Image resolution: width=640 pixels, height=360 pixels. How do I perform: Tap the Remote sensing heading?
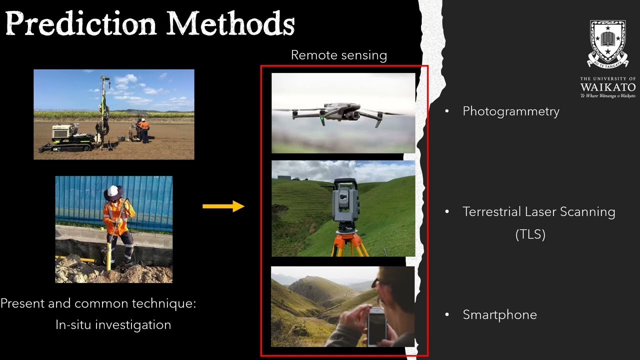click(x=339, y=55)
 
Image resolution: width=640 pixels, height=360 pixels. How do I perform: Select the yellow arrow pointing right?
click(x=223, y=206)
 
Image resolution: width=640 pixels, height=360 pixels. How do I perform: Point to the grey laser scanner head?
click(x=344, y=200)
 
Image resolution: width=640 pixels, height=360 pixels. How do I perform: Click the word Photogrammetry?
click(x=511, y=111)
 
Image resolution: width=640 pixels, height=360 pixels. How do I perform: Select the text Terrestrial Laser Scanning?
click(x=538, y=211)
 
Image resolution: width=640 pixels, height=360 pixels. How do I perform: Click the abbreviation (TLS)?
click(x=530, y=234)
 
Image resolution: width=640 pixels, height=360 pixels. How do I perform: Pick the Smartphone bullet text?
click(x=499, y=314)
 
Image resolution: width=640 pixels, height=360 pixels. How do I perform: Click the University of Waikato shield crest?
click(x=607, y=43)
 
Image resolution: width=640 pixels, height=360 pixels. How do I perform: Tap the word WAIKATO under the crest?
click(x=607, y=87)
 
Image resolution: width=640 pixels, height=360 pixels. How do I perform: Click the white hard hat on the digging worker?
click(x=113, y=191)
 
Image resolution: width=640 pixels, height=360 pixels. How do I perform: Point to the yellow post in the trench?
click(x=108, y=255)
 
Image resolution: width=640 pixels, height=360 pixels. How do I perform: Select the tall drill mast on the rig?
click(x=104, y=107)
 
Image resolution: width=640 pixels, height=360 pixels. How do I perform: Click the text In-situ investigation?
click(x=113, y=324)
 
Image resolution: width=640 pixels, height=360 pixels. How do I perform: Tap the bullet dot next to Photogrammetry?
click(x=447, y=111)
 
